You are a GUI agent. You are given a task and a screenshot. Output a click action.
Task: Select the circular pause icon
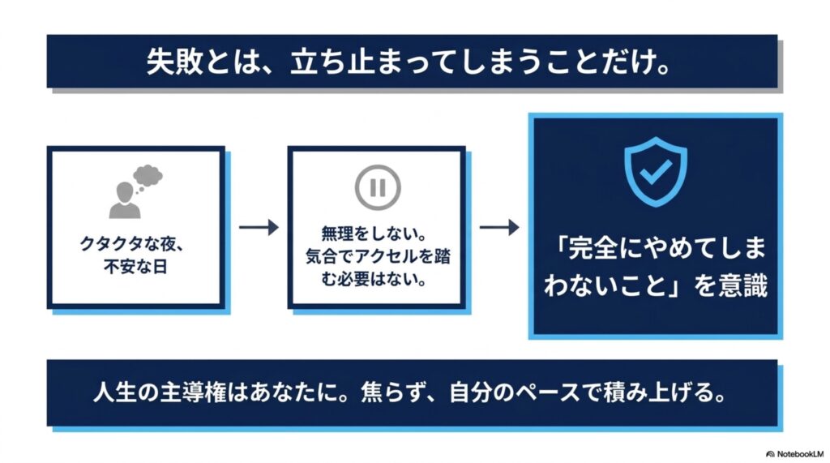tap(378, 187)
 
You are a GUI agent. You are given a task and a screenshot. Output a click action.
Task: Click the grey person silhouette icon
tap(125, 200)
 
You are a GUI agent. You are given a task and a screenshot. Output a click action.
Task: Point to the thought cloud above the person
tap(148, 175)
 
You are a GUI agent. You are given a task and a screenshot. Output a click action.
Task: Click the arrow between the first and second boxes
tap(259, 227)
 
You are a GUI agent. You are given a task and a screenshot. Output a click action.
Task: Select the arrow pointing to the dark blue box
tap(499, 227)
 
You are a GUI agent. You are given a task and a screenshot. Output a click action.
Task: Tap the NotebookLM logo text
tap(796, 454)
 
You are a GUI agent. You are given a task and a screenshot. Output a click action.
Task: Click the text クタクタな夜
tap(126, 244)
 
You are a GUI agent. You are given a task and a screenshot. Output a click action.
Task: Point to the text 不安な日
tap(136, 267)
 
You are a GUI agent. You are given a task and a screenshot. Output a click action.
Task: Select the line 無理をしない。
tap(374, 234)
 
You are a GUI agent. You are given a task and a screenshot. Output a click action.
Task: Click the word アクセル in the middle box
tap(387, 256)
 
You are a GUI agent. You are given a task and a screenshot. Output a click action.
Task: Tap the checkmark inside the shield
tap(656, 171)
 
